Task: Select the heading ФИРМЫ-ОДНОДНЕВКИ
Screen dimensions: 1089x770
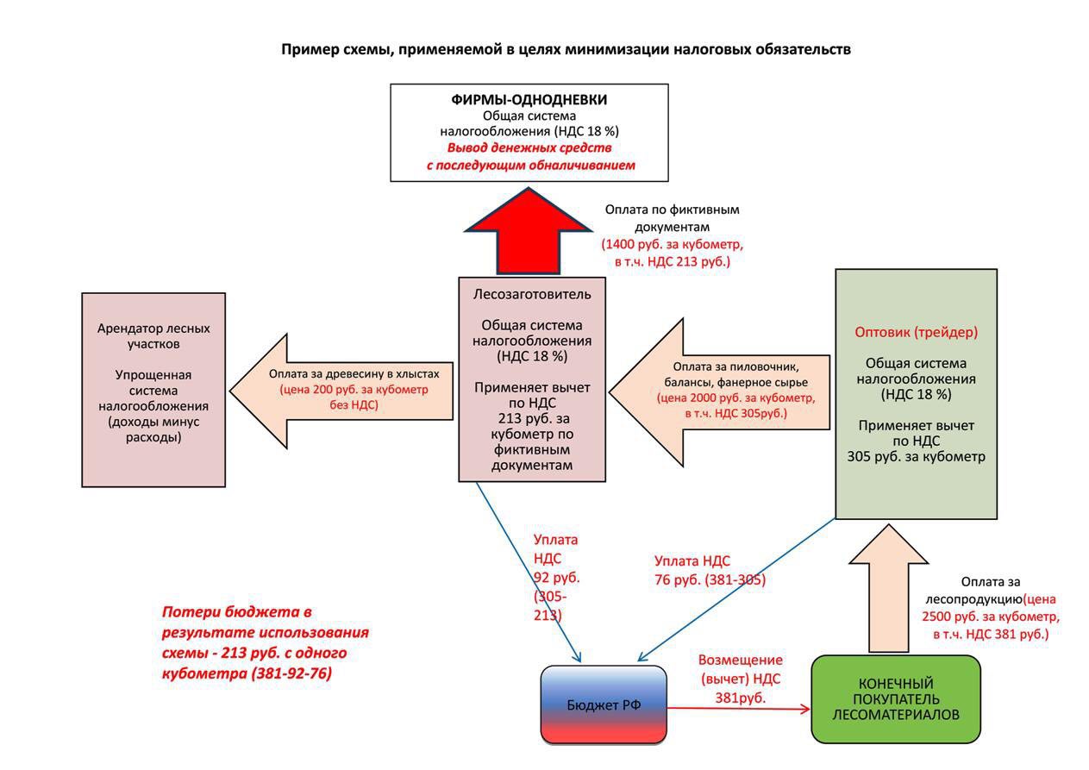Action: (x=529, y=100)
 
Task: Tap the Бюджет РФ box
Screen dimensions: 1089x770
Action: (x=604, y=704)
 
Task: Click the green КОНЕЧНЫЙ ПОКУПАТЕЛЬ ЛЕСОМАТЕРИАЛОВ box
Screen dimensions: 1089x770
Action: (x=896, y=699)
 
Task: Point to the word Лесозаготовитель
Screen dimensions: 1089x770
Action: (x=532, y=294)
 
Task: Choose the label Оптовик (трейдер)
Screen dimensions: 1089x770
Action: (x=916, y=332)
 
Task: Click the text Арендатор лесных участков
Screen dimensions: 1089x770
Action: (x=153, y=336)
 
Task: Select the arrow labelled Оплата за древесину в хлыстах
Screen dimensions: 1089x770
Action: (x=341, y=391)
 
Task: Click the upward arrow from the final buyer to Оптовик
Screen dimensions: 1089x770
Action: (x=889, y=588)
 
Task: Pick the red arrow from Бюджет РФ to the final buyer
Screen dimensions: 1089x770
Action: (x=738, y=709)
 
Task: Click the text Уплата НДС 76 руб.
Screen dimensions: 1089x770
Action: (x=710, y=570)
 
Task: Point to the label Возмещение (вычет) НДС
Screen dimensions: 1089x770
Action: (x=741, y=669)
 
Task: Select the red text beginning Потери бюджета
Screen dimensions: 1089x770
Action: (x=265, y=642)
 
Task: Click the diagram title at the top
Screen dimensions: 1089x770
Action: (x=566, y=50)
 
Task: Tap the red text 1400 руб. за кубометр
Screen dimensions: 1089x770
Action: (x=673, y=244)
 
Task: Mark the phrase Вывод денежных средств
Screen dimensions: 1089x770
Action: (x=529, y=147)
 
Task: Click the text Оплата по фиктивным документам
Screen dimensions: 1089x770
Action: (x=673, y=218)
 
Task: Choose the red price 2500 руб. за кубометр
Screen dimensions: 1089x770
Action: (x=991, y=617)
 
